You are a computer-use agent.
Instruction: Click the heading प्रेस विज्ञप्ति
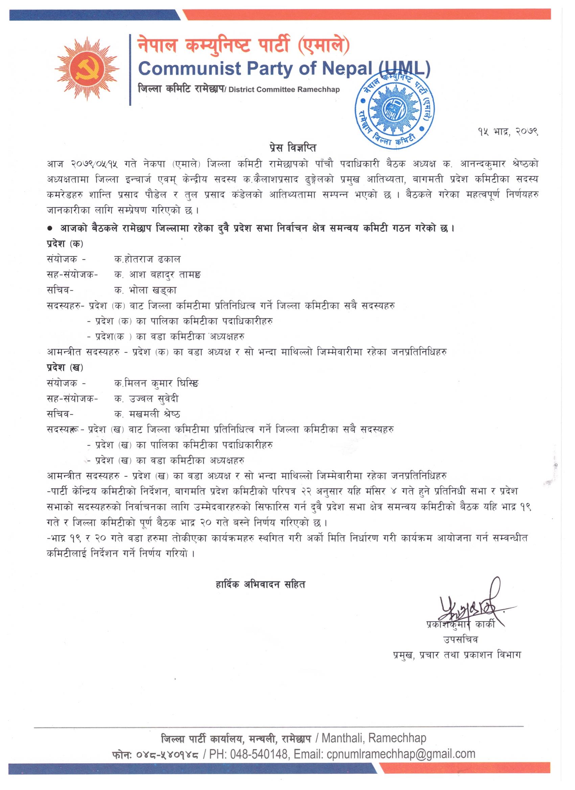(x=288, y=148)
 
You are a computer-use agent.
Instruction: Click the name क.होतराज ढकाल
(x=147, y=259)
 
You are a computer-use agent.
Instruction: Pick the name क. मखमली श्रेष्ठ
(x=147, y=414)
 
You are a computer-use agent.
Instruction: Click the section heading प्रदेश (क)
(x=65, y=244)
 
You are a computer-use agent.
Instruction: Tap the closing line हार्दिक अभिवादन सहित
(x=260, y=585)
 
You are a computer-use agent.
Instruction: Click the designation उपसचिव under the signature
(x=460, y=640)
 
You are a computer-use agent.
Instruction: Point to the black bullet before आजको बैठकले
(x=50, y=228)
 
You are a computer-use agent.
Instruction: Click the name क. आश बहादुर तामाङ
(x=158, y=275)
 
